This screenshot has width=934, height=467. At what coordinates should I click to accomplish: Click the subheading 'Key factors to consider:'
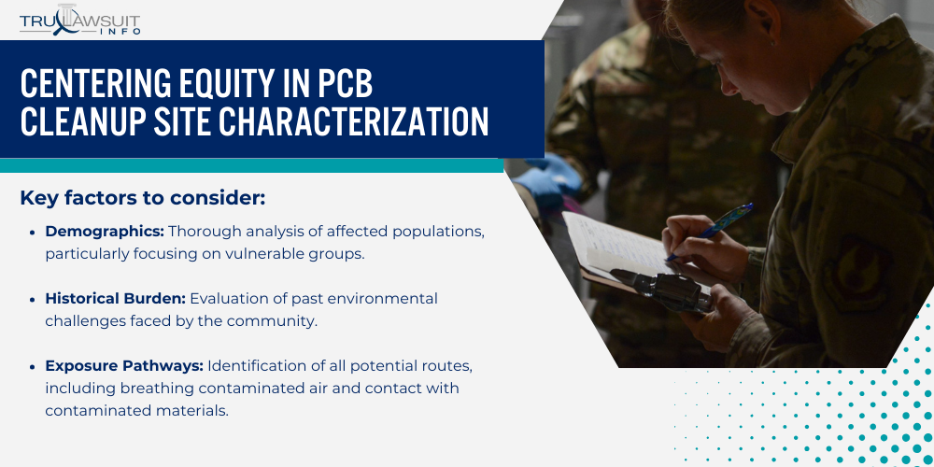pyautogui.click(x=143, y=198)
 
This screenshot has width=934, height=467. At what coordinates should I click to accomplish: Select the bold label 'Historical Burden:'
pyautogui.click(x=115, y=299)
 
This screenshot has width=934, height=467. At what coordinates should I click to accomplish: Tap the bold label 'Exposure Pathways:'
pyautogui.click(x=124, y=366)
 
